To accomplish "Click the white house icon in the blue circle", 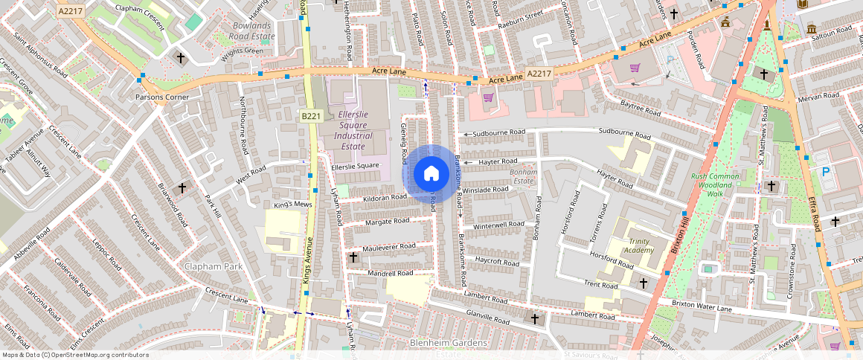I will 431,174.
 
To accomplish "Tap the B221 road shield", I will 311,117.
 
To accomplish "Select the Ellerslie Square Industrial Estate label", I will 354,131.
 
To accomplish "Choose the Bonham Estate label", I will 522,176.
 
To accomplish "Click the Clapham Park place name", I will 211,266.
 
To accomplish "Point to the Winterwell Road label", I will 498,225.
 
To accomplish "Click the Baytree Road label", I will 641,109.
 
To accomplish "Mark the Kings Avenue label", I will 307,260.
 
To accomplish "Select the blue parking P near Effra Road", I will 826,171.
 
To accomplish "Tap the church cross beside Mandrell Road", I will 353,258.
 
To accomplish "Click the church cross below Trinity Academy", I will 644,283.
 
